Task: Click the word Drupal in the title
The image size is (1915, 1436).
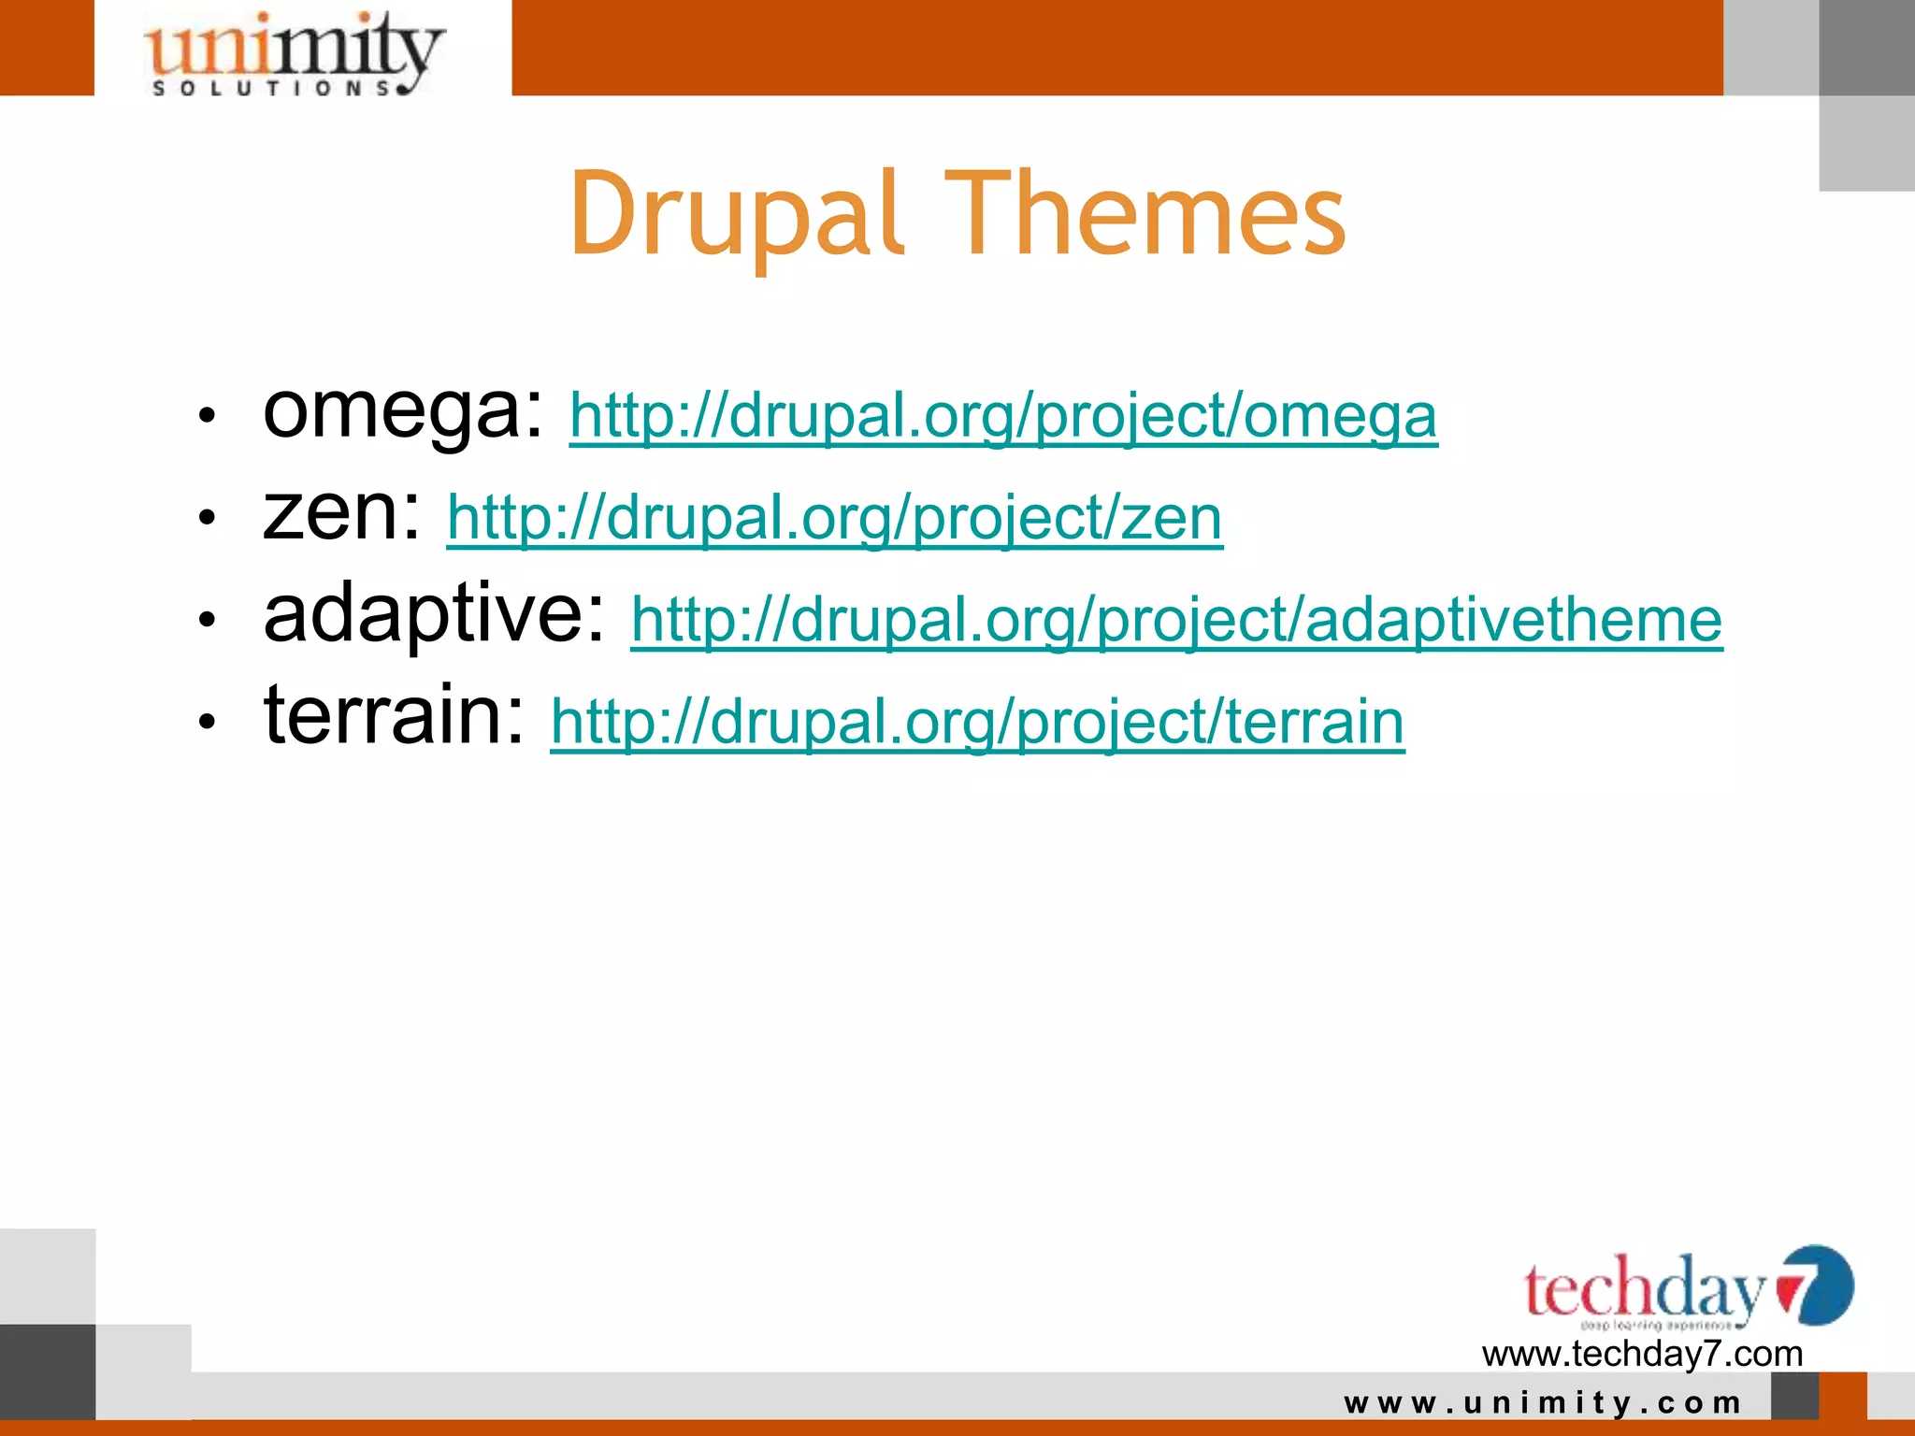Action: coord(737,214)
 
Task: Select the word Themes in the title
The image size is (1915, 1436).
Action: coord(1145,214)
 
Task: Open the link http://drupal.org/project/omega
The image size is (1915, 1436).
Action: coord(1003,416)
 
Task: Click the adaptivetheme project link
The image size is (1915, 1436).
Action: coord(1176,620)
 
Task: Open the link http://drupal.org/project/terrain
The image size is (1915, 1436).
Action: coord(977,722)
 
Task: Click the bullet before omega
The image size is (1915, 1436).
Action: coord(208,415)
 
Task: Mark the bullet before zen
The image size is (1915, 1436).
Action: coord(208,517)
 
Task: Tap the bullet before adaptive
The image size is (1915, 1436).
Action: coord(208,619)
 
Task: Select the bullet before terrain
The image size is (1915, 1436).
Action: coord(208,721)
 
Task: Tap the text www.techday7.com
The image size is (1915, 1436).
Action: coord(1642,1354)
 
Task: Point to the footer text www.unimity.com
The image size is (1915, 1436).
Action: coord(1543,1403)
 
